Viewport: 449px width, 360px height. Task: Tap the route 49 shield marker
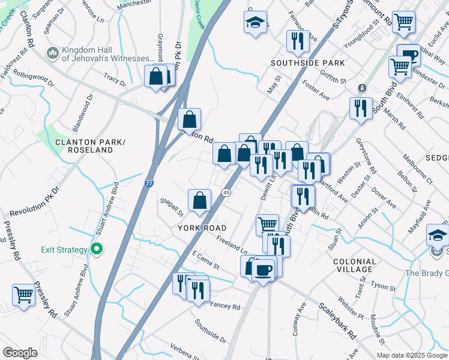pyautogui.click(x=226, y=193)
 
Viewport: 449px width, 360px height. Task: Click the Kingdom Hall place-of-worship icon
pyautogui.click(x=52, y=54)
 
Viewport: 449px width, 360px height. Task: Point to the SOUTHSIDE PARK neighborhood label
pyautogui.click(x=307, y=63)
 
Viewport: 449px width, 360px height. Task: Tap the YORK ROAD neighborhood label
pyautogui.click(x=202, y=228)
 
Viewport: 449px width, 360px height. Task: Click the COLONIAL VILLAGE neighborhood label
pyautogui.click(x=354, y=266)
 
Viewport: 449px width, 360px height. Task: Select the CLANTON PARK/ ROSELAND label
pyautogui.click(x=84, y=146)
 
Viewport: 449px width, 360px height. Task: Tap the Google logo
pyautogui.click(x=20, y=353)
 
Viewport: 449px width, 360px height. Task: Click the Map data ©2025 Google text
pyautogui.click(x=411, y=355)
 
